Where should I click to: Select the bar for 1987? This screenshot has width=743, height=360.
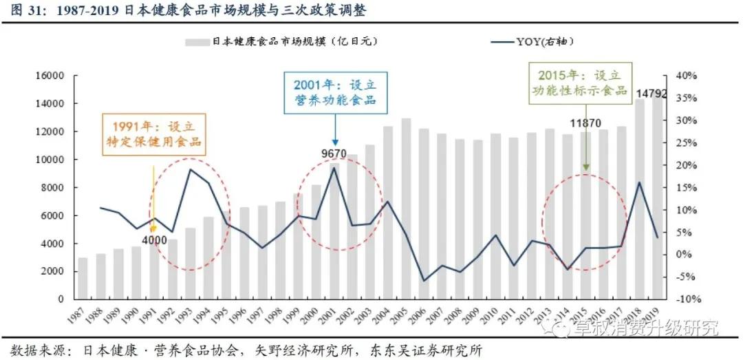point(83,278)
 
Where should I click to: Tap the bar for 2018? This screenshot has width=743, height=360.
point(640,199)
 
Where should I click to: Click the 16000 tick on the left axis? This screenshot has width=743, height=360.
point(51,76)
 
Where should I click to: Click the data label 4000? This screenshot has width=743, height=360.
point(155,240)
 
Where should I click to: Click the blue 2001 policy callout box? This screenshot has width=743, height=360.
point(336,93)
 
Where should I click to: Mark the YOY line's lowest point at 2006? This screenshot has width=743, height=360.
point(424,281)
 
